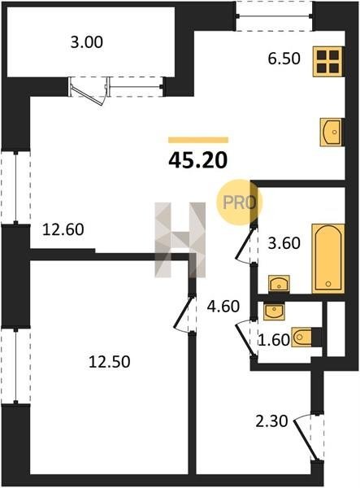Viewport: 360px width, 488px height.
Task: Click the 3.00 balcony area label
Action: coord(86,42)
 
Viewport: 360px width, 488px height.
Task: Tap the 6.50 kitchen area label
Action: coord(284,59)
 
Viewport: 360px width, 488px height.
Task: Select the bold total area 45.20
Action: coord(198,161)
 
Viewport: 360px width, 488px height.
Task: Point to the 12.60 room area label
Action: coord(63,229)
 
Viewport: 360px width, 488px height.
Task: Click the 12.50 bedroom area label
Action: coord(110,362)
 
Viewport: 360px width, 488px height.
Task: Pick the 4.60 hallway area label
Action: coord(223,307)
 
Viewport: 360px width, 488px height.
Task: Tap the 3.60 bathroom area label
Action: coord(284,243)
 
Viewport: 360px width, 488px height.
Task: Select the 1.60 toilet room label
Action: coord(274,340)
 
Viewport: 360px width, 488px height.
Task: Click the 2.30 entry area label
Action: coord(271,421)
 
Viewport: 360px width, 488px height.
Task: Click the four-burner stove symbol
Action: coord(328,62)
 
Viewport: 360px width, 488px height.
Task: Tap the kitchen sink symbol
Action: coord(332,132)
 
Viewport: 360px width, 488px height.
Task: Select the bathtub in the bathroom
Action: coord(328,259)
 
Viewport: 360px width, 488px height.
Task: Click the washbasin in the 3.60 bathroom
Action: coord(279,284)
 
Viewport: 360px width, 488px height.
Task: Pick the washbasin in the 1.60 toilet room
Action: coord(274,312)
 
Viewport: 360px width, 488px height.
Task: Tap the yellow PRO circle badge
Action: coord(240,203)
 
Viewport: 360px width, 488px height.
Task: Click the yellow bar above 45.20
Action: coord(198,140)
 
